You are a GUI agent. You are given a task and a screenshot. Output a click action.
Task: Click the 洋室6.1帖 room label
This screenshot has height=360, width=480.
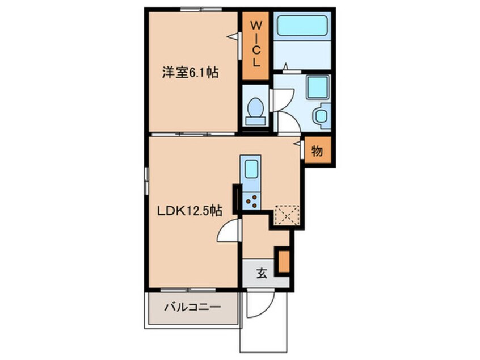[190, 73]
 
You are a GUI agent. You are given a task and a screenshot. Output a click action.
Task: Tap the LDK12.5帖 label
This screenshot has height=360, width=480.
[190, 211]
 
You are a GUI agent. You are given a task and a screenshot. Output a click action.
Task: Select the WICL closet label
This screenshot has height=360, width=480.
[256, 44]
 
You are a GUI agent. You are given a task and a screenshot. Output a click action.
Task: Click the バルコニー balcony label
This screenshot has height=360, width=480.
[192, 307]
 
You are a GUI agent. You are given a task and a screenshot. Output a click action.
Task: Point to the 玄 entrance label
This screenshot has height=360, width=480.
[262, 273]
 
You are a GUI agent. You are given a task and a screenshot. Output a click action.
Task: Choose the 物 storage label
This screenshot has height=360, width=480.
[317, 150]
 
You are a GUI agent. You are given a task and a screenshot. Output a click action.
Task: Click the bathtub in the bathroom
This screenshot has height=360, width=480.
[302, 26]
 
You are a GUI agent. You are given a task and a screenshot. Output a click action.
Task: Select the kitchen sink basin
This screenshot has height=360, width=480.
[251, 169]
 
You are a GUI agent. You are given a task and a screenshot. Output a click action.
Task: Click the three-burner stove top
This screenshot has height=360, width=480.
[251, 201]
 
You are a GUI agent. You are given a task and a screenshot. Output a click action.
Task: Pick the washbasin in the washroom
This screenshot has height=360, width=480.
[322, 116]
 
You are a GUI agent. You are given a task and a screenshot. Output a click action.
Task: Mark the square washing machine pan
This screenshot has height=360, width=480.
[318, 87]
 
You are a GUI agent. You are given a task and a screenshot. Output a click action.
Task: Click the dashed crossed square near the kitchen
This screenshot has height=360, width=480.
[287, 215]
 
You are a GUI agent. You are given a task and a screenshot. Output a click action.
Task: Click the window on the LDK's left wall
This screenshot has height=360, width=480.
[146, 181]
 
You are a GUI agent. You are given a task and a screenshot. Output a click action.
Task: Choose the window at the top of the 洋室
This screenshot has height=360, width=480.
[201, 10]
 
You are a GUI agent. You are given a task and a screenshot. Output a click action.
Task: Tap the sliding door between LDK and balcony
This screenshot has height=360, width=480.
[188, 290]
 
